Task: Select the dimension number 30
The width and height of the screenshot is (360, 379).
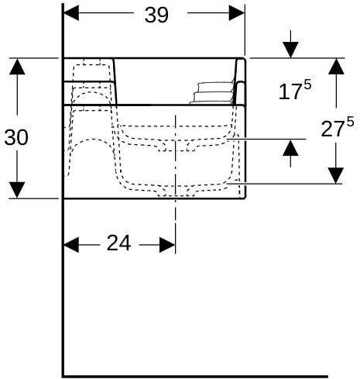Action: pyautogui.click(x=17, y=138)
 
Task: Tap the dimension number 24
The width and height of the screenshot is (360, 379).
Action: pyautogui.click(x=118, y=243)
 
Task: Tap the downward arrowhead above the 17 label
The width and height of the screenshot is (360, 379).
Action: pyautogui.click(x=290, y=50)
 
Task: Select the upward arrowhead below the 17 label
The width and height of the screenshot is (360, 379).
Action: pyautogui.click(x=290, y=146)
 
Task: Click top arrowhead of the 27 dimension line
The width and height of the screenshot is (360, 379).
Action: pyautogui.click(x=336, y=65)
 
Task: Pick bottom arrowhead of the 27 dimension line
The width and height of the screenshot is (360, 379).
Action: pyautogui.click(x=336, y=176)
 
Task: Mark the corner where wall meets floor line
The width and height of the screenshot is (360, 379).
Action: pyautogui.click(x=63, y=375)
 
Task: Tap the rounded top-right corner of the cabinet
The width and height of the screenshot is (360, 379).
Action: pyautogui.click(x=243, y=60)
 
